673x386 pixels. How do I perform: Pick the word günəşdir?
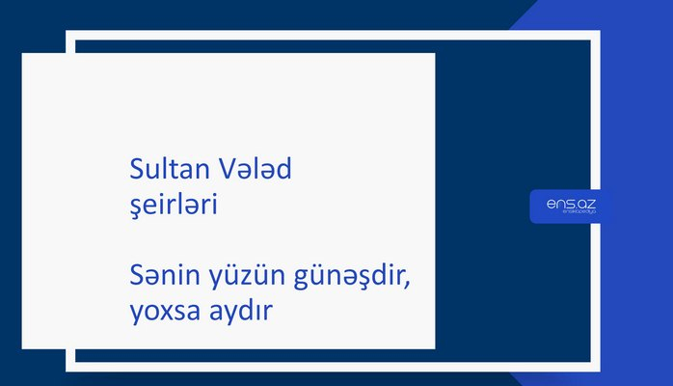tap(342, 280)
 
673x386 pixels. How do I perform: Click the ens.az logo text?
tap(571, 203)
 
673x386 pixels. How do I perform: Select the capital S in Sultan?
tap(136, 170)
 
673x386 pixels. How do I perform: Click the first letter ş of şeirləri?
tap(134, 208)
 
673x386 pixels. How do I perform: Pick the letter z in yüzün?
tap(241, 280)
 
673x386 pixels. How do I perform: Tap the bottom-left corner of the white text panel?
tap(22, 348)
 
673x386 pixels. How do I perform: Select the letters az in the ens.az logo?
tap(586, 203)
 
